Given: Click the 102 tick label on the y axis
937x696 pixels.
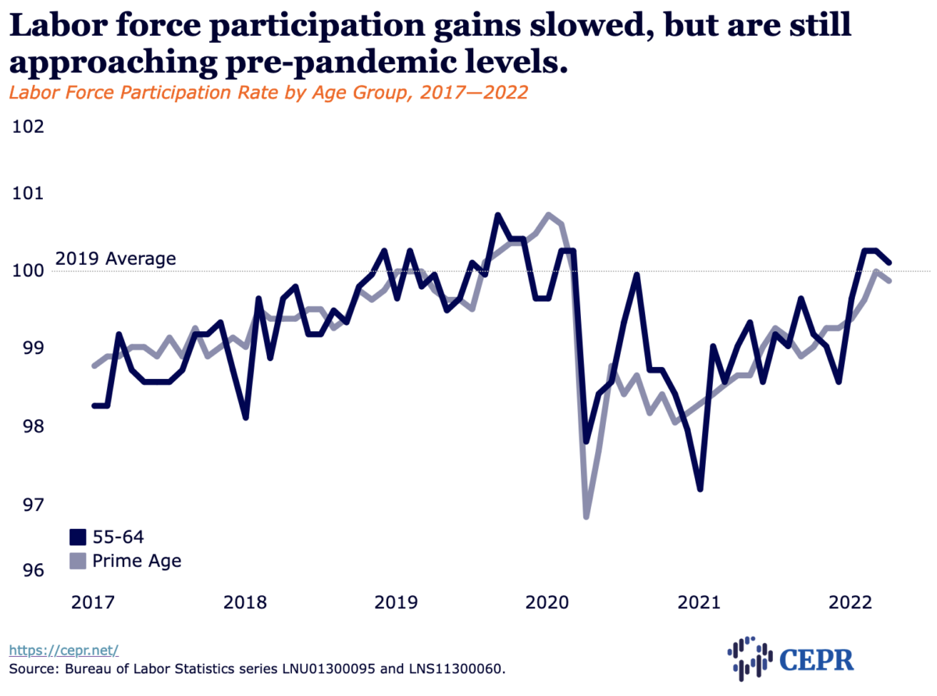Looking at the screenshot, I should [27, 127].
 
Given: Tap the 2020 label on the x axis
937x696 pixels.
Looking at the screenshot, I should [547, 603].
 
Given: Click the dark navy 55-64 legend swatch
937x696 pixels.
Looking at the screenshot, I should [77, 537].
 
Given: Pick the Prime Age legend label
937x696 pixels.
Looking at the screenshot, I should [137, 560].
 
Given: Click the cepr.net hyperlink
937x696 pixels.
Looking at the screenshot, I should [63, 649].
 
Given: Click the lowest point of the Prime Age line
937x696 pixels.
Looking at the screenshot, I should [586, 516].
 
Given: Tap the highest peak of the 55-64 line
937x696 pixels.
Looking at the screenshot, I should [497, 215].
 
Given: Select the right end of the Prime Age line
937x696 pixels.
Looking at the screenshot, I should [890, 280].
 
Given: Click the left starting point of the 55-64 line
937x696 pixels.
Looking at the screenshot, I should [94, 405].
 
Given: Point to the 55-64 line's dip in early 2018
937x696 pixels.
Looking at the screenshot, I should [246, 417].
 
